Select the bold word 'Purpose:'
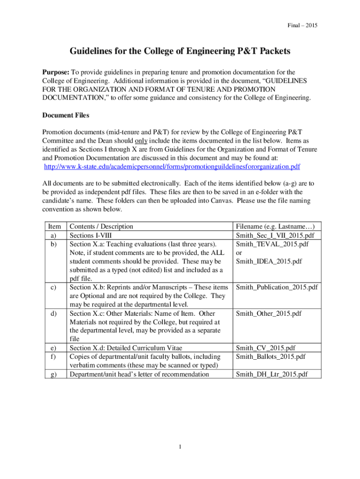56,72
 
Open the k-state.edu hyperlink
172,167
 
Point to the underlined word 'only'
141,140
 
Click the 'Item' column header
55,226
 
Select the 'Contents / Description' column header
101,226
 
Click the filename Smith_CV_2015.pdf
266,348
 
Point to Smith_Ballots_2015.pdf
270,356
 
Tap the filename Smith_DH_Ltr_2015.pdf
272,374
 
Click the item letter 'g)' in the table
55,374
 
